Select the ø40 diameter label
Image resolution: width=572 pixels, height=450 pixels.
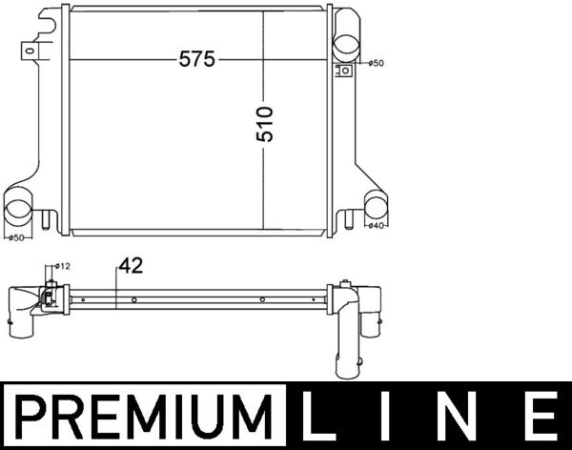[x=376, y=226]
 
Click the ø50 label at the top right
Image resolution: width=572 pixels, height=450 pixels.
[x=376, y=63]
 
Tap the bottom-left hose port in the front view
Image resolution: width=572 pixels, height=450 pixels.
[x=19, y=209]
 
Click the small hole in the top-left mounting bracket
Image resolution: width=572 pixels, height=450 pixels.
[x=33, y=44]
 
